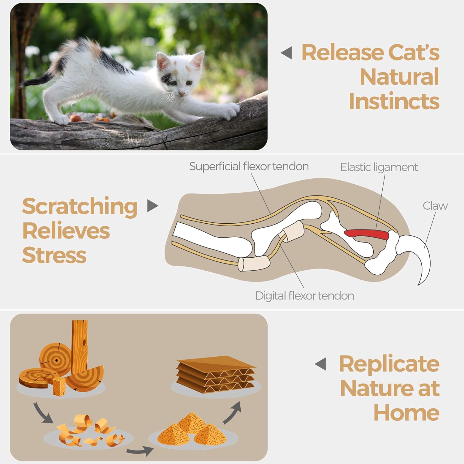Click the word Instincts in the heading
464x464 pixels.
394,101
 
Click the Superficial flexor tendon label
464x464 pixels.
249,166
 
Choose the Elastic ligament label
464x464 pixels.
379,167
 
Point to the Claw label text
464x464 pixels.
435,206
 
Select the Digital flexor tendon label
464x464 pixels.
304,296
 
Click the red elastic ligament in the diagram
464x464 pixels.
367,234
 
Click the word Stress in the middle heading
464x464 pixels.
54,255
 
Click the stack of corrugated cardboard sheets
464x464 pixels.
216,375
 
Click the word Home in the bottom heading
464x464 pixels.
406,412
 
